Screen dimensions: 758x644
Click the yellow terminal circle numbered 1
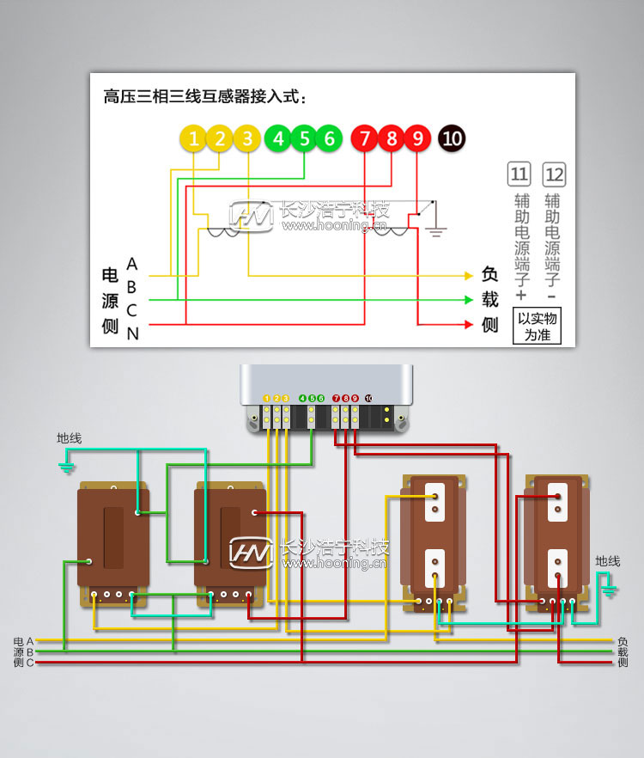click(x=194, y=138)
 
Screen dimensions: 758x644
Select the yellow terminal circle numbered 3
click(x=247, y=138)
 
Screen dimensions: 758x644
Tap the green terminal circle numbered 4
click(x=277, y=138)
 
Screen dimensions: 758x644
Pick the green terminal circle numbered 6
click(x=329, y=138)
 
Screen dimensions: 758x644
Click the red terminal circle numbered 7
click(x=365, y=138)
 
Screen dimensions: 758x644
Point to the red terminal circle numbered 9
click(x=417, y=138)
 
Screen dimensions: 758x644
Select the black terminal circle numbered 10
click(x=452, y=138)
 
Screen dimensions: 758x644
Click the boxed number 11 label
click(x=519, y=174)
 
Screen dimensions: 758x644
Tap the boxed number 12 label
click(x=555, y=174)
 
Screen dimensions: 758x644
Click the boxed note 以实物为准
click(x=537, y=327)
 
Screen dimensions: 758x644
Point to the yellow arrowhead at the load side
click(x=469, y=276)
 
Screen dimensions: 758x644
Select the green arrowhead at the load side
click(x=469, y=300)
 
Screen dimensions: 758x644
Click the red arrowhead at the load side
click(x=469, y=325)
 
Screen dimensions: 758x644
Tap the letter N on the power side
click(x=132, y=334)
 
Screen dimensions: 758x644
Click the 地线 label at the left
click(x=70, y=438)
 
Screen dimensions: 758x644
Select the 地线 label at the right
click(x=608, y=561)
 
